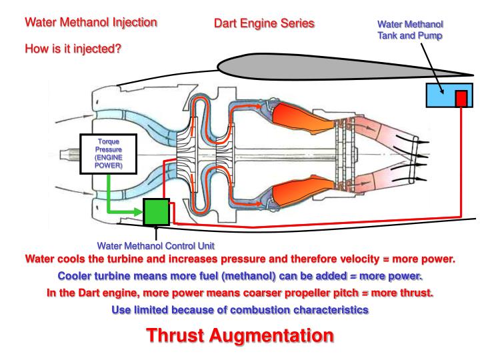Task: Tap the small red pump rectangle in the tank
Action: pyautogui.click(x=461, y=99)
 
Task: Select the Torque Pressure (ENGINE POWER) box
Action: pyautogui.click(x=108, y=154)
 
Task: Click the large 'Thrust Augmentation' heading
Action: pyautogui.click(x=241, y=337)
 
